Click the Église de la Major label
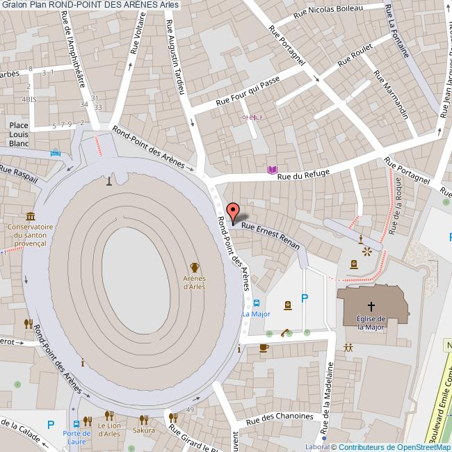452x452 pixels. pos(371,323)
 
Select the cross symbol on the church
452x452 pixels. pos(371,306)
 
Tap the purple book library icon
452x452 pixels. pos(272,170)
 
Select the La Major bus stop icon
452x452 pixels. pos(257,302)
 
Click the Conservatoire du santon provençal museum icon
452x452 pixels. pos(30,216)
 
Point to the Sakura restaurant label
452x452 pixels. pos(144,430)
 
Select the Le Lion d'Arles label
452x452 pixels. pos(108,430)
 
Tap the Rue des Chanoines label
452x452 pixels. pos(280,417)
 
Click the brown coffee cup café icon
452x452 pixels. pos(264,348)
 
